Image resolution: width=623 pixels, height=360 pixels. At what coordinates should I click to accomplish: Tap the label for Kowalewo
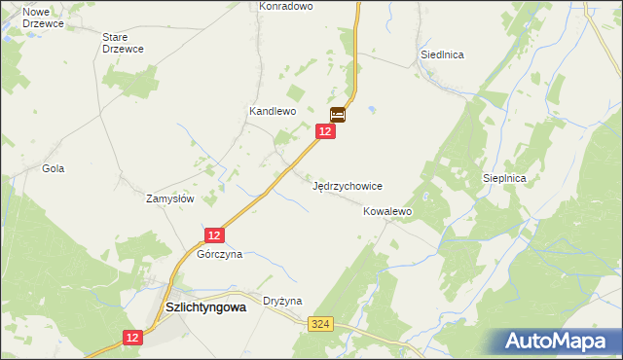tap(388, 211)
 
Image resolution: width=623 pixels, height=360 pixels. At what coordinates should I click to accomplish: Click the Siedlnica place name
tap(442, 54)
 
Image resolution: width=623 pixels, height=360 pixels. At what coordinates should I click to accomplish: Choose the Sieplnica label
tap(504, 179)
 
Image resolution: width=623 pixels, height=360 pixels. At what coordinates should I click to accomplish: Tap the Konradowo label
tap(285, 6)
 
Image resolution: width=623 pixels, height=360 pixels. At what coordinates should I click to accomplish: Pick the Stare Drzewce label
tap(123, 43)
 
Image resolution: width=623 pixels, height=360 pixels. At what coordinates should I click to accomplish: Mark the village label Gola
tap(53, 168)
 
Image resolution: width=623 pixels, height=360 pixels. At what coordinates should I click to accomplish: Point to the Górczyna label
tap(219, 254)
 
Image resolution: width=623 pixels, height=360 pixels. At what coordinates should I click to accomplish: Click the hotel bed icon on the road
tap(338, 114)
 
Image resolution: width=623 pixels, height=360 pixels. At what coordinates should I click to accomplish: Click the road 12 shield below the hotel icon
tap(326, 131)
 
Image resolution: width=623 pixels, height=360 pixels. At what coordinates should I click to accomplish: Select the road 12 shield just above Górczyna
tap(215, 234)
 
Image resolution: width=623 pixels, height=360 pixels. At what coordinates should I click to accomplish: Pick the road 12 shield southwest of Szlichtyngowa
tap(133, 337)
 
